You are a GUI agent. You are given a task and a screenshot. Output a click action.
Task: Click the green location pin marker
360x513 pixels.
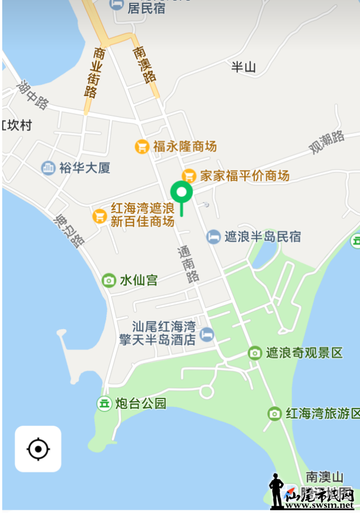[181, 193]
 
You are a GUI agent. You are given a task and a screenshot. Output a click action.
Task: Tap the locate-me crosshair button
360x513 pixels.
[38, 449]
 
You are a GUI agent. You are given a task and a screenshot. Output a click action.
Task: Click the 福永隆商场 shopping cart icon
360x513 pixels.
[143, 147]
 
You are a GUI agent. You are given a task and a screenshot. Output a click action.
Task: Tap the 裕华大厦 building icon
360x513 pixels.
[48, 167]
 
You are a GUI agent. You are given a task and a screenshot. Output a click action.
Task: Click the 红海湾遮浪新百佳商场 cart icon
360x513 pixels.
[100, 215]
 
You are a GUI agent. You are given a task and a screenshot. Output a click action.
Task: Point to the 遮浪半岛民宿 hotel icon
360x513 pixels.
[213, 237]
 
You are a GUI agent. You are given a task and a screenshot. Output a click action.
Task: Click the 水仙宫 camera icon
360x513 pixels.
[108, 280]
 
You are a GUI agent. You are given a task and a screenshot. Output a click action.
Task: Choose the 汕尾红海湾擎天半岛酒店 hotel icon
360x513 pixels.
[207, 334]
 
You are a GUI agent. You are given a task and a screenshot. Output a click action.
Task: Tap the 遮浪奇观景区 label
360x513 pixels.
[304, 353]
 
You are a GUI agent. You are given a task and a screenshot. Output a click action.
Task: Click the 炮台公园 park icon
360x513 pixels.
[104, 403]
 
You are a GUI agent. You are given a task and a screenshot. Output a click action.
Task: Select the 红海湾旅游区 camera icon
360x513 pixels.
[275, 414]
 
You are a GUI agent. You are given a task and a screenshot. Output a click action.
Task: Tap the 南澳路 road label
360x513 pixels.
[145, 65]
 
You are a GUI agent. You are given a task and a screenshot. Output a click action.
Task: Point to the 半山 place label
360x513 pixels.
[244, 67]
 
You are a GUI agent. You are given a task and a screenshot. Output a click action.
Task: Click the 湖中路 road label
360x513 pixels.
[33, 95]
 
